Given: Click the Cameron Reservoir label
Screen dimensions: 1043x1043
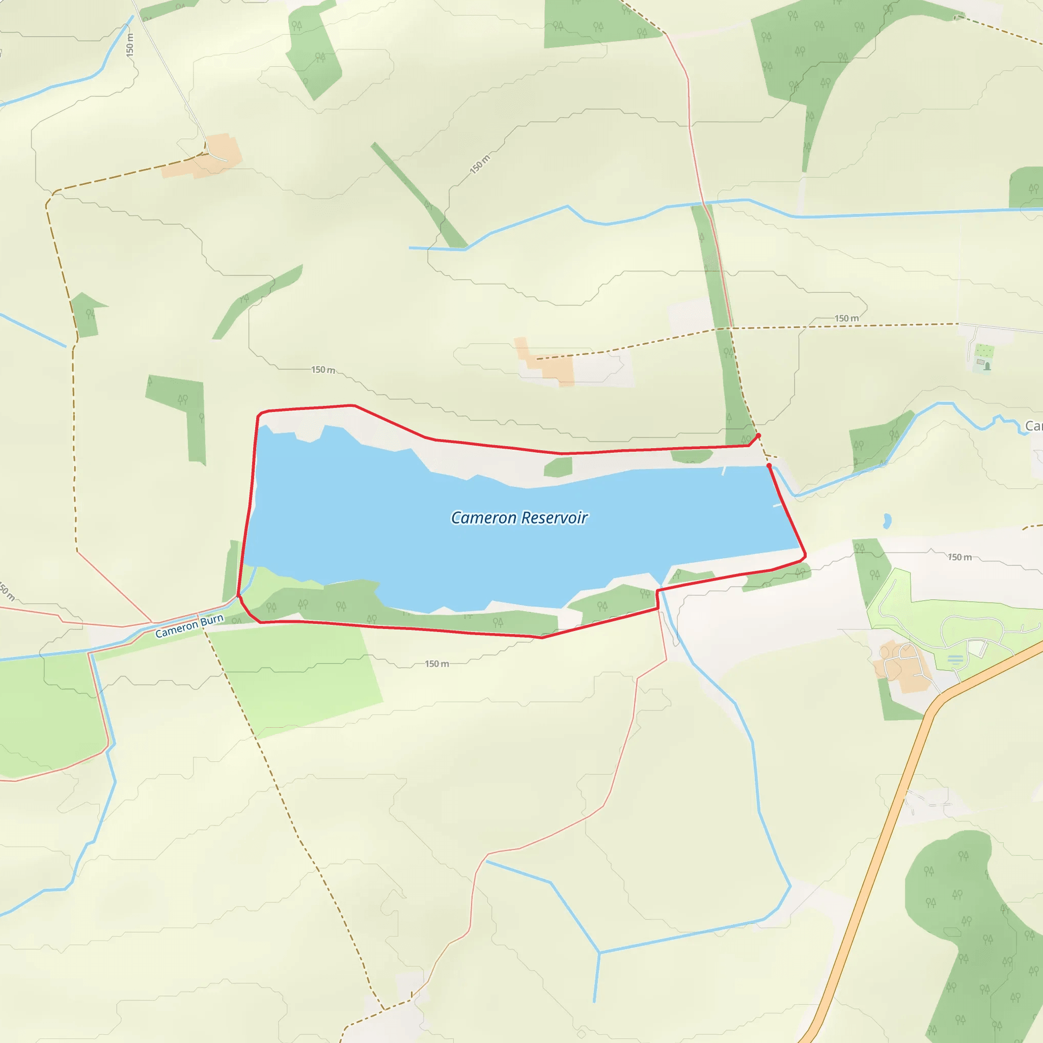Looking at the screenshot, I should coord(519,518).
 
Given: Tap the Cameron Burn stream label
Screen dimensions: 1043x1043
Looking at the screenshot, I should coord(189,626).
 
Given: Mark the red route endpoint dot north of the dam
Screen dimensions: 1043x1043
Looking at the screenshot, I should coord(758,435).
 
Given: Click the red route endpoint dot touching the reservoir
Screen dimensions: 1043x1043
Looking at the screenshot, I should coord(768,465).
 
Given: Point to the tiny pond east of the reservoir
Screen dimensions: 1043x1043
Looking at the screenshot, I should coord(887,521).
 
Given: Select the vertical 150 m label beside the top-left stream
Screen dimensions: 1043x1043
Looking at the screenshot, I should coord(129,45).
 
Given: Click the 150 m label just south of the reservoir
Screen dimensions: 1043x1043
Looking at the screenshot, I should coord(437,664).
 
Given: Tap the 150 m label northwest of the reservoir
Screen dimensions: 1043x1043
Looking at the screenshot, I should coord(323,370).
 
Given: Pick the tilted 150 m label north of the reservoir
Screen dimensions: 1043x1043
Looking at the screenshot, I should coord(479,164).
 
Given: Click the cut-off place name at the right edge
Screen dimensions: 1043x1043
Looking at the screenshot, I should coord(1034,426).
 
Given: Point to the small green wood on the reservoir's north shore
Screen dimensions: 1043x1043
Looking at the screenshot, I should coord(558,467).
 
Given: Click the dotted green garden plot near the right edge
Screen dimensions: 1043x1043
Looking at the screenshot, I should coord(983,351).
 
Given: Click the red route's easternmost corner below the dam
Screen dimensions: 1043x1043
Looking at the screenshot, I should coord(805,556).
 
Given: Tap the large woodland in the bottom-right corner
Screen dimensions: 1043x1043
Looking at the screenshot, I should coord(972,928).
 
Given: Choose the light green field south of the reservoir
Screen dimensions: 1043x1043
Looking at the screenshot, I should coord(297,675).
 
